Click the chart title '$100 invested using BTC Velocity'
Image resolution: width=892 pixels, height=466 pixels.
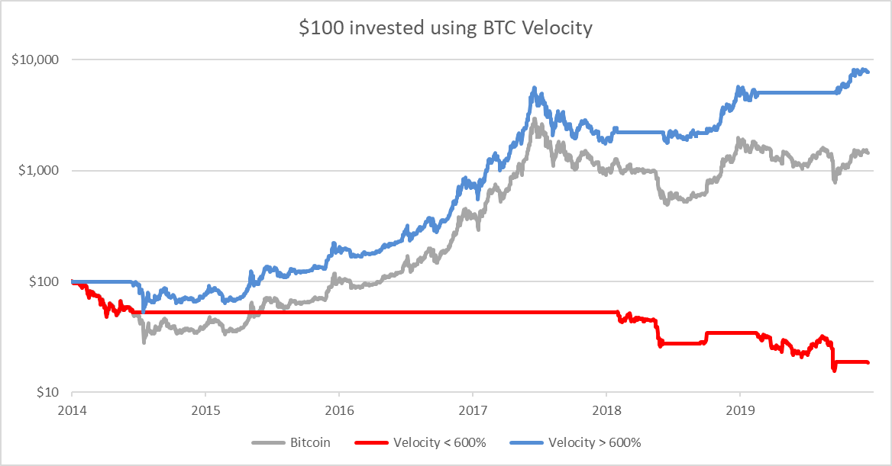tap(445, 28)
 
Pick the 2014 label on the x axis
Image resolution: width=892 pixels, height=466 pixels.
tap(72, 410)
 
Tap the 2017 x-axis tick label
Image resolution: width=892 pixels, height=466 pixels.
tap(472, 410)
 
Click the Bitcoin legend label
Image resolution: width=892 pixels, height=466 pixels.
tap(310, 442)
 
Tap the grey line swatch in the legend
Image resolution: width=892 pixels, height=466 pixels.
tap(267, 442)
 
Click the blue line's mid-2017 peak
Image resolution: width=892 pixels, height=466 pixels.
tap(533, 88)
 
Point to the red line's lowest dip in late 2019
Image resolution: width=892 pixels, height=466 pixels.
tap(834, 370)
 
